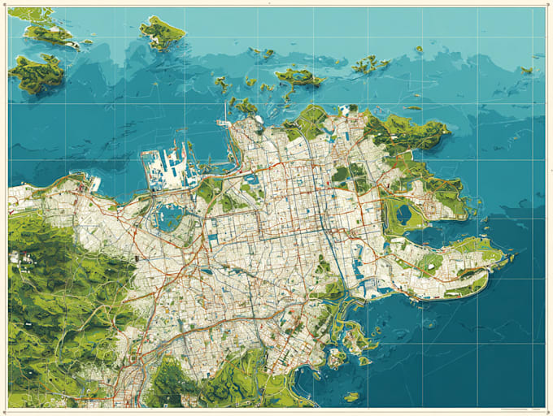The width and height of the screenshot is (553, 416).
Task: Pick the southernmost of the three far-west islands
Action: pyautogui.click(x=36, y=73)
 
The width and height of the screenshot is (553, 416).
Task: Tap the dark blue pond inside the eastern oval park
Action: pyautogui.click(x=404, y=214)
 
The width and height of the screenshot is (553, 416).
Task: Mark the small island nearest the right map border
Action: pyautogui.click(x=526, y=70)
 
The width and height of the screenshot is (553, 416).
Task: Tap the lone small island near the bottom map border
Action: pyautogui.click(x=351, y=396)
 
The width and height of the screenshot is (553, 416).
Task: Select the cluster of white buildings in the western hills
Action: pyautogui.click(x=15, y=258)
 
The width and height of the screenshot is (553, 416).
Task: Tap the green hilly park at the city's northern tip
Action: pyautogui.click(x=308, y=122)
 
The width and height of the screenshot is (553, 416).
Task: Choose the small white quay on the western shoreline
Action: pyautogui.click(x=94, y=184)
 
